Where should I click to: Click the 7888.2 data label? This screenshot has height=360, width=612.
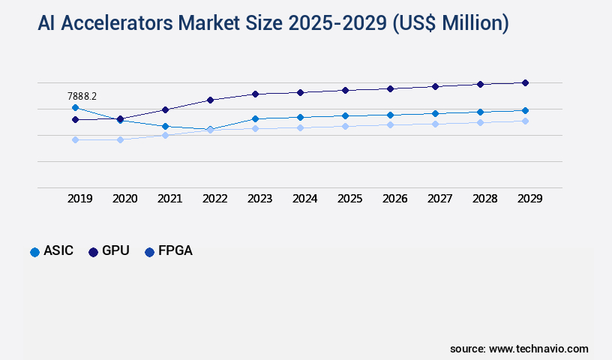[x=82, y=96]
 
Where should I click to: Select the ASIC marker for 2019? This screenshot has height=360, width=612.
[x=75, y=108]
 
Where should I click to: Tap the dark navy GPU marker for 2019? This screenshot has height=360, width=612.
[x=75, y=119]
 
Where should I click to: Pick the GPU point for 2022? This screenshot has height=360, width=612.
[x=210, y=100]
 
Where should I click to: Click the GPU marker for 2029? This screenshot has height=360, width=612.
[x=525, y=82]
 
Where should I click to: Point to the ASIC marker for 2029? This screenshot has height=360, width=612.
[x=525, y=110]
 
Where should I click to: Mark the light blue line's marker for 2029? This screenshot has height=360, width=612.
[x=525, y=121]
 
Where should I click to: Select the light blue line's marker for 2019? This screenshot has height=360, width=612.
[x=75, y=139]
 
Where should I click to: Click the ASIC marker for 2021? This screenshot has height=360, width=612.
[x=165, y=126]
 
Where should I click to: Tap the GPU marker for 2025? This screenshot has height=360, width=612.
[x=345, y=90]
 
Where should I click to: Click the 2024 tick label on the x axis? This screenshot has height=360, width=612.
[x=304, y=199]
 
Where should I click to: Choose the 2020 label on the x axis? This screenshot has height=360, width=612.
[x=124, y=199]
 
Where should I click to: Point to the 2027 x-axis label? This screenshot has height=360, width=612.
[x=439, y=199]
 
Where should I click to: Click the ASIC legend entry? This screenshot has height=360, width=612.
[x=52, y=251]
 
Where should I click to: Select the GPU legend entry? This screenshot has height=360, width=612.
[x=109, y=251]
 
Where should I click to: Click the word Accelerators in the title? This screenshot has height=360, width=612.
[x=127, y=23]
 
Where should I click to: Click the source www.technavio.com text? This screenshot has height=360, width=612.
[x=519, y=349]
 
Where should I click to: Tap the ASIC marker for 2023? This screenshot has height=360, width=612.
[x=255, y=118]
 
